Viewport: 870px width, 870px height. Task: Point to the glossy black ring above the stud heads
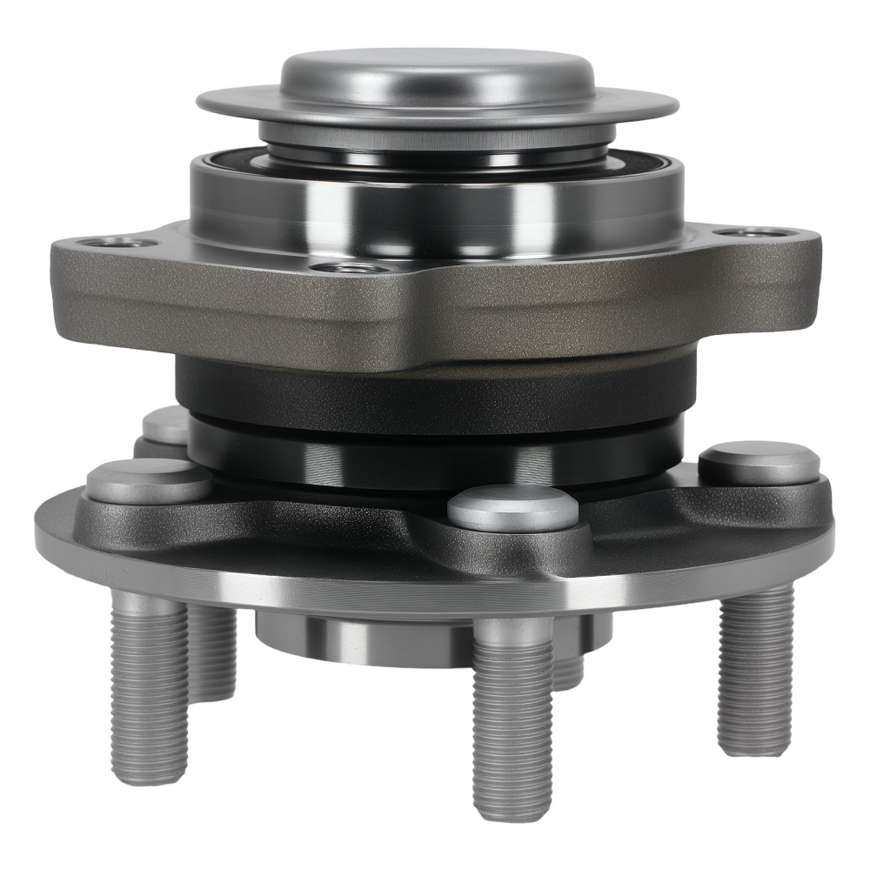435,457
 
